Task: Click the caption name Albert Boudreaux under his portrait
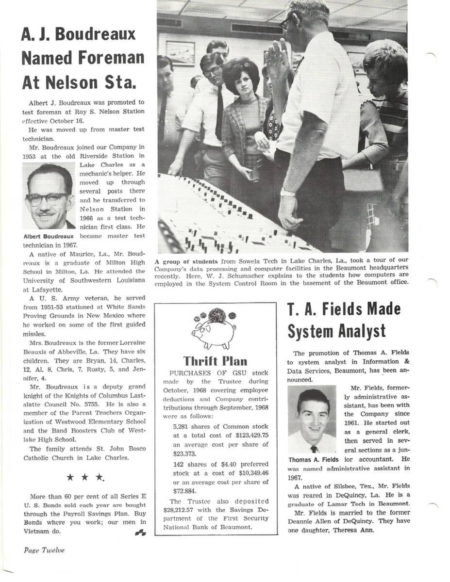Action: coord(49,236)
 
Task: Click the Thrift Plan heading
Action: coord(215,361)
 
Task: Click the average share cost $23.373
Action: coord(185,453)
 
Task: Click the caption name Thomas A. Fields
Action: coord(313,459)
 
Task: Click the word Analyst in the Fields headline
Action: coord(360,331)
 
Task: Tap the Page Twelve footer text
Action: coord(44,550)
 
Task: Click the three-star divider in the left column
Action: coord(85,477)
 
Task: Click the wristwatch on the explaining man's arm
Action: coord(288,193)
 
